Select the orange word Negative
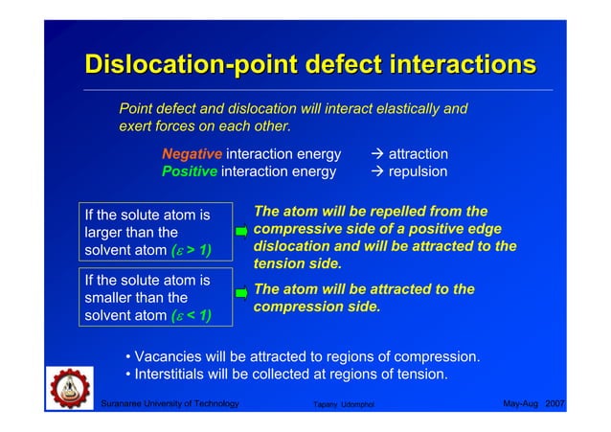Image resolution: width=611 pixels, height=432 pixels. tap(192, 154)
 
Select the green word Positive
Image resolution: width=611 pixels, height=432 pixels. tap(190, 172)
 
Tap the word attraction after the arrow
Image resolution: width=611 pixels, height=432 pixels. tap(419, 154)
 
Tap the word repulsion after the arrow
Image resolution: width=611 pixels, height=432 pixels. tap(418, 172)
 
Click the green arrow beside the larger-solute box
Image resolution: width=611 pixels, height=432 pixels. tap(241, 231)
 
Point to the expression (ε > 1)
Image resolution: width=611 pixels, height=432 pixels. tap(190, 251)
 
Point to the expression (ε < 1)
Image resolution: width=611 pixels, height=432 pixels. tap(190, 316)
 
